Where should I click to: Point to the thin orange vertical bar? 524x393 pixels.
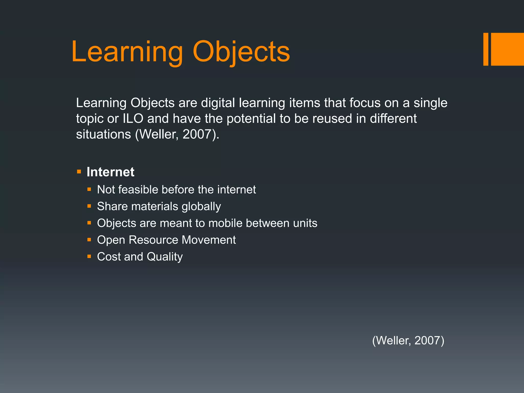486,49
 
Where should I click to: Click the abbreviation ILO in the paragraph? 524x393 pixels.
133,119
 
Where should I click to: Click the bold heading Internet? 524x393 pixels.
110,172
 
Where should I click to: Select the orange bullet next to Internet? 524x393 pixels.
79,171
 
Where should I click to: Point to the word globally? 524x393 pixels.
201,206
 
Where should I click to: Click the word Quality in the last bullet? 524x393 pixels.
165,257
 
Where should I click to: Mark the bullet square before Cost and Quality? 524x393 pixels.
89,256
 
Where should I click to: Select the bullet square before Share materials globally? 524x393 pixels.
89,206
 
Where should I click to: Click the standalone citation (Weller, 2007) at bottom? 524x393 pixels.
408,341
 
